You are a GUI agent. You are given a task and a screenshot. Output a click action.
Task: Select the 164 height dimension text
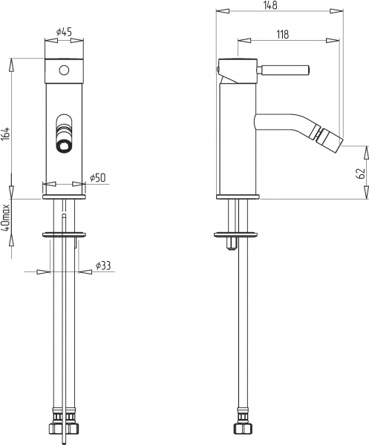point(6,134)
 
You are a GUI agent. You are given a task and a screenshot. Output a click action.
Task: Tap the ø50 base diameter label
point(99,178)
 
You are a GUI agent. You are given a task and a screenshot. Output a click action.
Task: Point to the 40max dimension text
point(6,216)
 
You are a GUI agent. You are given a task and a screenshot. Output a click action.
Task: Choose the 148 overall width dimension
point(270,6)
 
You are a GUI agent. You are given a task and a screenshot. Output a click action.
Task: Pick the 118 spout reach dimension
point(282,34)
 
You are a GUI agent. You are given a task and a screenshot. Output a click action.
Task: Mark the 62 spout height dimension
point(361,174)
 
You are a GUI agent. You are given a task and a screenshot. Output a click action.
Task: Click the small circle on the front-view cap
point(64,70)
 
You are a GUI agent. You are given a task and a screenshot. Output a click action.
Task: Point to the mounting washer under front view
point(65,234)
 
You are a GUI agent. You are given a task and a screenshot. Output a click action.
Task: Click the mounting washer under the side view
point(238,234)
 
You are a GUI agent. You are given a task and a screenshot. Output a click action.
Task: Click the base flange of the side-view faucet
point(238,197)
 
